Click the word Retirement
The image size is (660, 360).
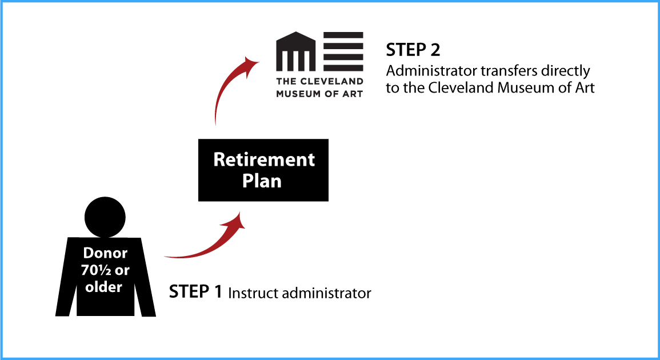tap(264, 159)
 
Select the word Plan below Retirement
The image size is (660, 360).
tap(262, 181)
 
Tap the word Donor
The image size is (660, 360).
tap(105, 253)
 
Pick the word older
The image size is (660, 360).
tap(104, 287)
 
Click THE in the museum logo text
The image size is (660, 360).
tap(285, 82)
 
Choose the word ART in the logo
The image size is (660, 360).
tap(353, 94)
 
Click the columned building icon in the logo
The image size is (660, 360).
tap(296, 51)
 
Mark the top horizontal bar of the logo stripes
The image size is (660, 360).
tap(343, 35)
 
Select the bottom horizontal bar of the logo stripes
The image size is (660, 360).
tap(343, 68)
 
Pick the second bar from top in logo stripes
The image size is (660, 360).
tap(343, 46)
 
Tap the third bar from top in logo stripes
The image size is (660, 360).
tap(343, 57)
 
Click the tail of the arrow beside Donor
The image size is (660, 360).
tap(167, 257)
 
